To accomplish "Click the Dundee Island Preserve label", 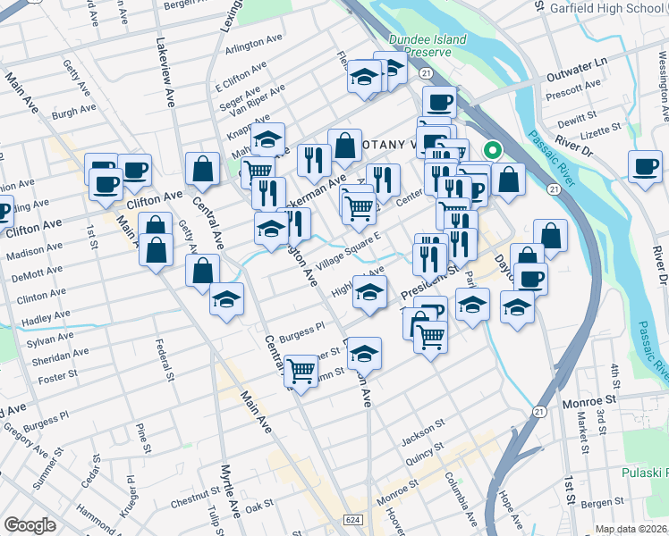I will pyautogui.click(x=419, y=45).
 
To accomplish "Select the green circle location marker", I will pyautogui.click(x=491, y=151).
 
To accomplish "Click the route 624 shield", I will pyautogui.click(x=353, y=519).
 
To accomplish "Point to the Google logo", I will pyautogui.click(x=30, y=525).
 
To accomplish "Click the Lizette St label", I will pyautogui.click(x=598, y=132).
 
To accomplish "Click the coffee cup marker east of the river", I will pyautogui.click(x=645, y=165).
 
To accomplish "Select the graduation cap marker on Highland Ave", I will pyautogui.click(x=369, y=290).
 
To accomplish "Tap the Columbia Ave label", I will pyautogui.click(x=462, y=497).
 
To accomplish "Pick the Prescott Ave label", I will pyautogui.click(x=570, y=91).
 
